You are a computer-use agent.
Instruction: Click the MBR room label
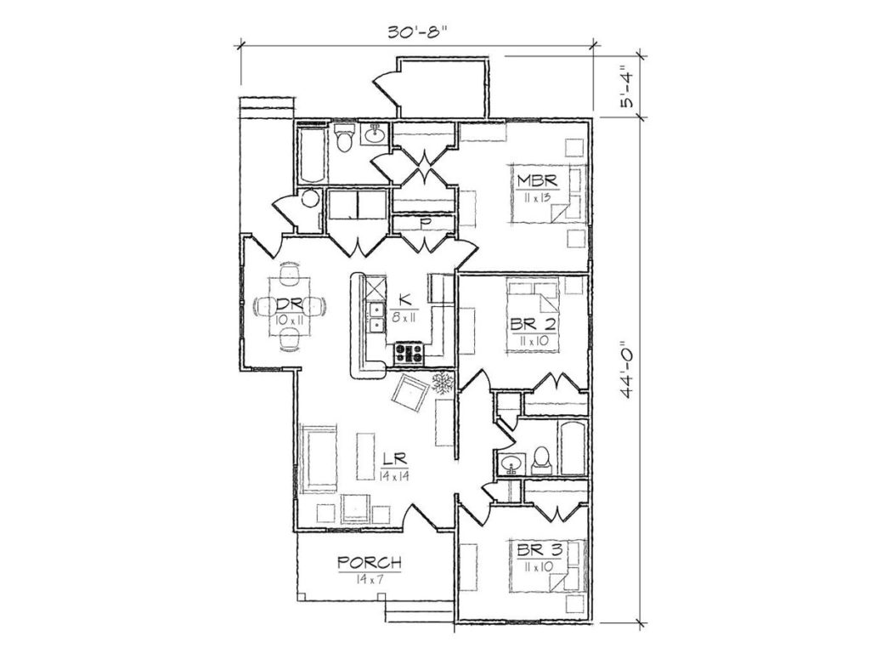[x=536, y=180]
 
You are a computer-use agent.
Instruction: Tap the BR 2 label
[x=534, y=324]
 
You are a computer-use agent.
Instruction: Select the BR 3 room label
[x=540, y=550]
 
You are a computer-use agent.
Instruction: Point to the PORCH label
[x=370, y=563]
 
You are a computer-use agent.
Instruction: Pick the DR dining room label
[x=289, y=304]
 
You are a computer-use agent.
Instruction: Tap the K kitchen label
[x=404, y=300]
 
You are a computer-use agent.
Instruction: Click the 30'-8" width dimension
[x=417, y=31]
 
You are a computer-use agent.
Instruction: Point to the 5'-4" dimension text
[x=628, y=86]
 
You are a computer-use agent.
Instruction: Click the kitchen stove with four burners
[x=409, y=353]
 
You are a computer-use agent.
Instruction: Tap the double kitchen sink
[x=377, y=317]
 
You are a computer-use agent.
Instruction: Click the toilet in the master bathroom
[x=345, y=138]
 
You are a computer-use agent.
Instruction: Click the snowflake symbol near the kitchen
[x=443, y=383]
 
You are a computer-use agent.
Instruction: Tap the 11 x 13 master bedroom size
[x=535, y=198]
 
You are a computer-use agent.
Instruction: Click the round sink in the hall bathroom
[x=510, y=463]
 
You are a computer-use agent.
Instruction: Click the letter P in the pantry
[x=426, y=224]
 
